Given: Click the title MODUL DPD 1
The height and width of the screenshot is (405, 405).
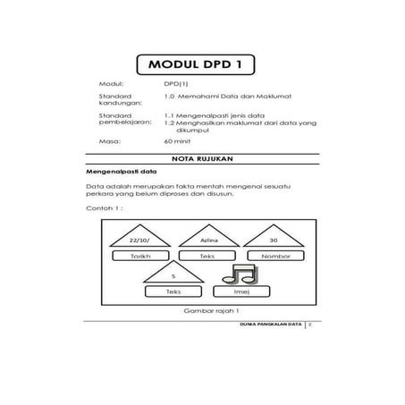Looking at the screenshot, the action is (x=202, y=64).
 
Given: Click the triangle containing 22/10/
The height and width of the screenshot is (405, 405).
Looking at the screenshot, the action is (x=138, y=239).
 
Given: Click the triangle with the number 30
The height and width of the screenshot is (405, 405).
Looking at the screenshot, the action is (x=274, y=239).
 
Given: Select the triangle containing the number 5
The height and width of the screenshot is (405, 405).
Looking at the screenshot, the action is (x=173, y=274).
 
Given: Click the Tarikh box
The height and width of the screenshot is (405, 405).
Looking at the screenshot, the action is (x=138, y=256).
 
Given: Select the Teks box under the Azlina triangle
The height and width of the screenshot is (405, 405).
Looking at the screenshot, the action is (x=207, y=256).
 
